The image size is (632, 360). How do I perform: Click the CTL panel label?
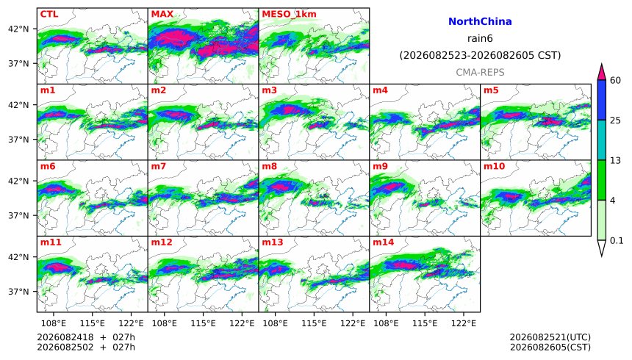[x=49, y=14]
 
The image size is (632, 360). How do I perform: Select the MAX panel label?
[x=162, y=14]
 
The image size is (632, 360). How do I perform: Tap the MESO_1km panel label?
[x=289, y=14]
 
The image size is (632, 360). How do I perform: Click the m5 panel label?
[x=491, y=90]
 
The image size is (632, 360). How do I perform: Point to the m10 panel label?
[x=494, y=167]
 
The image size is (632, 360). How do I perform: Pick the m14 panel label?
[x=383, y=242]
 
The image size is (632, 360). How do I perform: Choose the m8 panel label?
[x=269, y=167]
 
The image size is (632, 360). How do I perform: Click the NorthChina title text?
[x=480, y=22]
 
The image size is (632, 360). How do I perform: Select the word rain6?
[x=480, y=39]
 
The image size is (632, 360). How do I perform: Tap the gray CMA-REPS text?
[x=480, y=73]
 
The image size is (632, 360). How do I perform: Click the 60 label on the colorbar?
[x=615, y=81]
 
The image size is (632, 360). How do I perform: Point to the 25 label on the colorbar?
[x=615, y=120]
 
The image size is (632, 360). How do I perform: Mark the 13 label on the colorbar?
[x=615, y=160]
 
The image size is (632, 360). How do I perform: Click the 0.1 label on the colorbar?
[x=617, y=241]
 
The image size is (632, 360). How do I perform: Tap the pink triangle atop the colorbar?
[x=602, y=73]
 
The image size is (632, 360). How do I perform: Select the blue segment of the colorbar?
[x=602, y=100]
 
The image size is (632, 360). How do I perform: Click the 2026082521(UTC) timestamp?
[x=550, y=337]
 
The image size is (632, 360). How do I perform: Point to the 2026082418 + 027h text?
[x=86, y=337]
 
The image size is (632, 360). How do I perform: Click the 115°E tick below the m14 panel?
[x=425, y=323]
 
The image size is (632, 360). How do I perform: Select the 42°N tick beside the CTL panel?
[x=18, y=29]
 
